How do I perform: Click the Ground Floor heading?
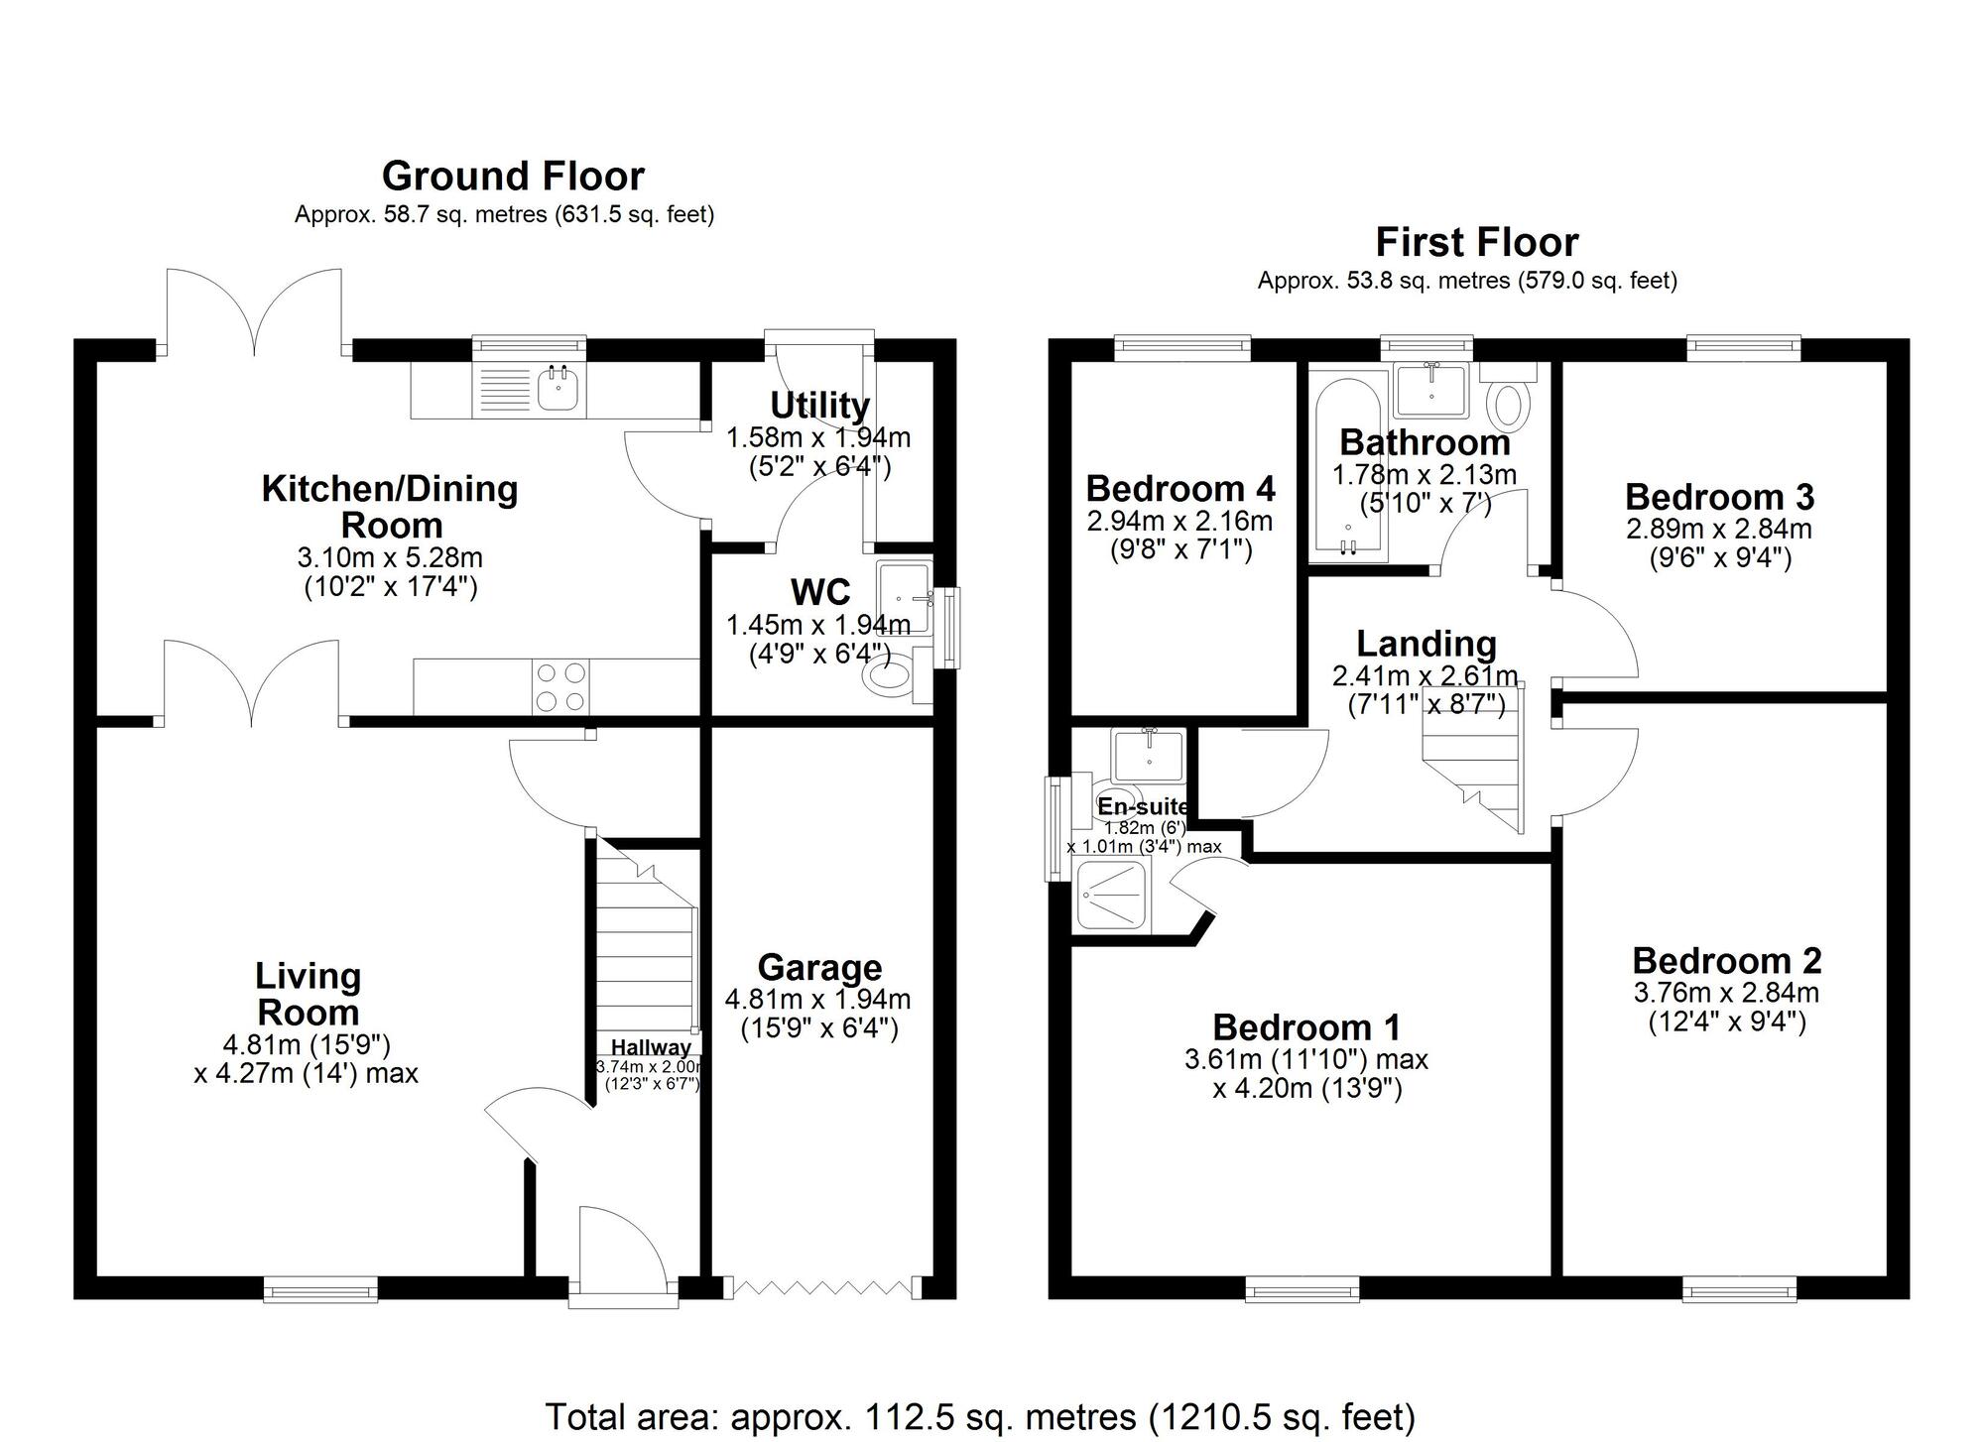pos(513,177)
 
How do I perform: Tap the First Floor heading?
pos(1476,243)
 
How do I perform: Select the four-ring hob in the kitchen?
pos(560,686)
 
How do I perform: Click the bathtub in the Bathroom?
pos(1346,464)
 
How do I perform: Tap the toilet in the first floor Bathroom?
pos(1509,397)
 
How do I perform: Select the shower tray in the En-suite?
pos(1112,897)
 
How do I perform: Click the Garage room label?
pos(819,968)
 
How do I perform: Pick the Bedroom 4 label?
pos(1180,489)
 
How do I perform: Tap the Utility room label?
pos(819,406)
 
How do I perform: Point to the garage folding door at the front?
pos(822,1287)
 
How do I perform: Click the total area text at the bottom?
pos(980,1416)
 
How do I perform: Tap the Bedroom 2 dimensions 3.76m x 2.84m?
pos(1726,992)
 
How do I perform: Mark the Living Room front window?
pos(320,1289)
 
